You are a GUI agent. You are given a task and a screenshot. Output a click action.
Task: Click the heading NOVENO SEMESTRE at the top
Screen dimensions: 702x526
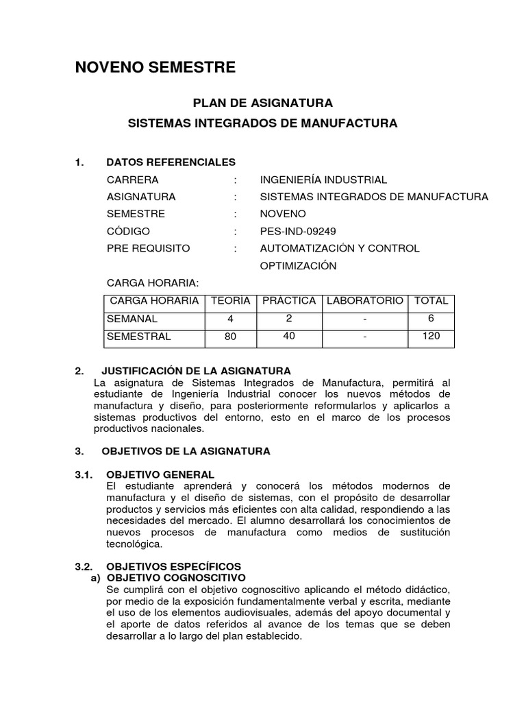coord(155,67)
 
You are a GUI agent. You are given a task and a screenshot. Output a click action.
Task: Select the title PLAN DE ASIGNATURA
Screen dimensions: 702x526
coord(262,104)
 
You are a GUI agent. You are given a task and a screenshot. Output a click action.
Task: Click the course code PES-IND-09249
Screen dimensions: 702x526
coord(298,231)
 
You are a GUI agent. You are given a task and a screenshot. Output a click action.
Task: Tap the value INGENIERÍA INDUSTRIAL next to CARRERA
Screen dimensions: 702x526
coord(323,180)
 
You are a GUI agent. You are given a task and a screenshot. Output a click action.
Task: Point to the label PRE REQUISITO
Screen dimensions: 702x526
coord(149,248)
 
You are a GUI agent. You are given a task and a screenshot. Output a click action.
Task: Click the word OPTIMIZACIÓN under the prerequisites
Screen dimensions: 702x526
coord(298,266)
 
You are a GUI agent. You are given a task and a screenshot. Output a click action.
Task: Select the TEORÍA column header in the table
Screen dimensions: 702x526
coord(229,301)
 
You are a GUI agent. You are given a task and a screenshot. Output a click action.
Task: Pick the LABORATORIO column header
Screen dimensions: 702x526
coord(364,301)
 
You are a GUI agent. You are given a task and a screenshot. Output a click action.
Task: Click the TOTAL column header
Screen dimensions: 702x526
coord(431,301)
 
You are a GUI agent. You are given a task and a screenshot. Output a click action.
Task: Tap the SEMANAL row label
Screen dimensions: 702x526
coord(132,319)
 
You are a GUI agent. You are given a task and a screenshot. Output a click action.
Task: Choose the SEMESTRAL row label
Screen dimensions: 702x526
coord(139,337)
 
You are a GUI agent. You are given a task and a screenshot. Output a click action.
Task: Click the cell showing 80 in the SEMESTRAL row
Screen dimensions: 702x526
coord(229,337)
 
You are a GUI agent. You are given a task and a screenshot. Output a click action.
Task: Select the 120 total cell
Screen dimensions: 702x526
coord(431,336)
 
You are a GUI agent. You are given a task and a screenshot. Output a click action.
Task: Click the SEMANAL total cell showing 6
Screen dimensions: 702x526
coord(431,318)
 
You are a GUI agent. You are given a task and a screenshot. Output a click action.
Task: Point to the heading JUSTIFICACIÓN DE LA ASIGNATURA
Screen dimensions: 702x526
coord(196,371)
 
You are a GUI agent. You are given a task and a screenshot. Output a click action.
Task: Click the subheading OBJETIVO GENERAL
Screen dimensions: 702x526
coord(160,474)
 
